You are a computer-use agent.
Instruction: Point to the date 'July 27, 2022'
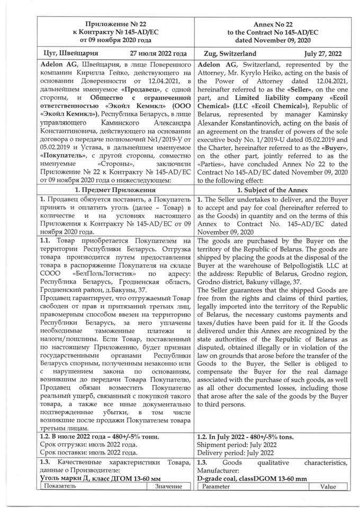[x=323, y=54]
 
